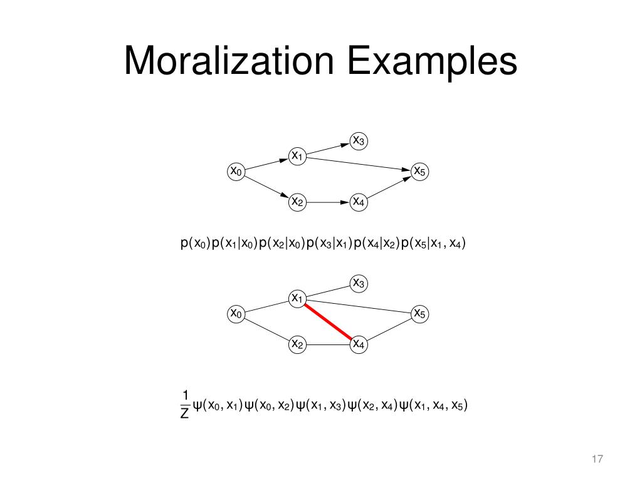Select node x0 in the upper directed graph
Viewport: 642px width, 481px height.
click(236, 171)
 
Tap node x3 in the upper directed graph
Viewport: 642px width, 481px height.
click(359, 141)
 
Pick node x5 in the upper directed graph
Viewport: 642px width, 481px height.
click(419, 171)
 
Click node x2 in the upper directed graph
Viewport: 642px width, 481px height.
click(297, 202)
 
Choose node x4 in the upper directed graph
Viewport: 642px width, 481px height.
click(359, 202)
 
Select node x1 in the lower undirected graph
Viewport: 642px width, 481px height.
click(297, 298)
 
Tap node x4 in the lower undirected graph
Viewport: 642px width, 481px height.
click(359, 344)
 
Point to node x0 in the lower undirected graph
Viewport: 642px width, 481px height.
click(236, 313)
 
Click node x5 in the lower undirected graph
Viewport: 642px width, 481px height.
click(419, 313)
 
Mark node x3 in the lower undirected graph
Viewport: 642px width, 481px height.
click(359, 283)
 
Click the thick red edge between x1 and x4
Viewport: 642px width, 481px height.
click(328, 321)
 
